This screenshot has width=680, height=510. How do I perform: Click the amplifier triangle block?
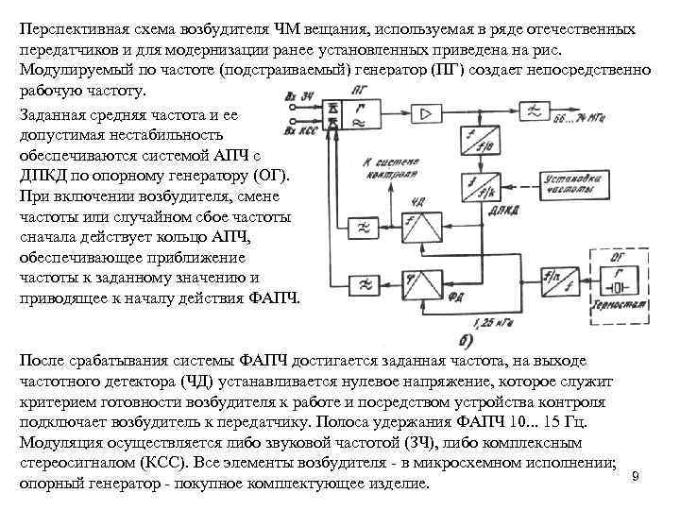click(427, 113)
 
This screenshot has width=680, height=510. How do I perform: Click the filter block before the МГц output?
click(536, 113)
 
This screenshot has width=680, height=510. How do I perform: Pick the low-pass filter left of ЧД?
click(362, 228)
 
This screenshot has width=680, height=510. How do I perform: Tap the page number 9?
click(635, 475)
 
